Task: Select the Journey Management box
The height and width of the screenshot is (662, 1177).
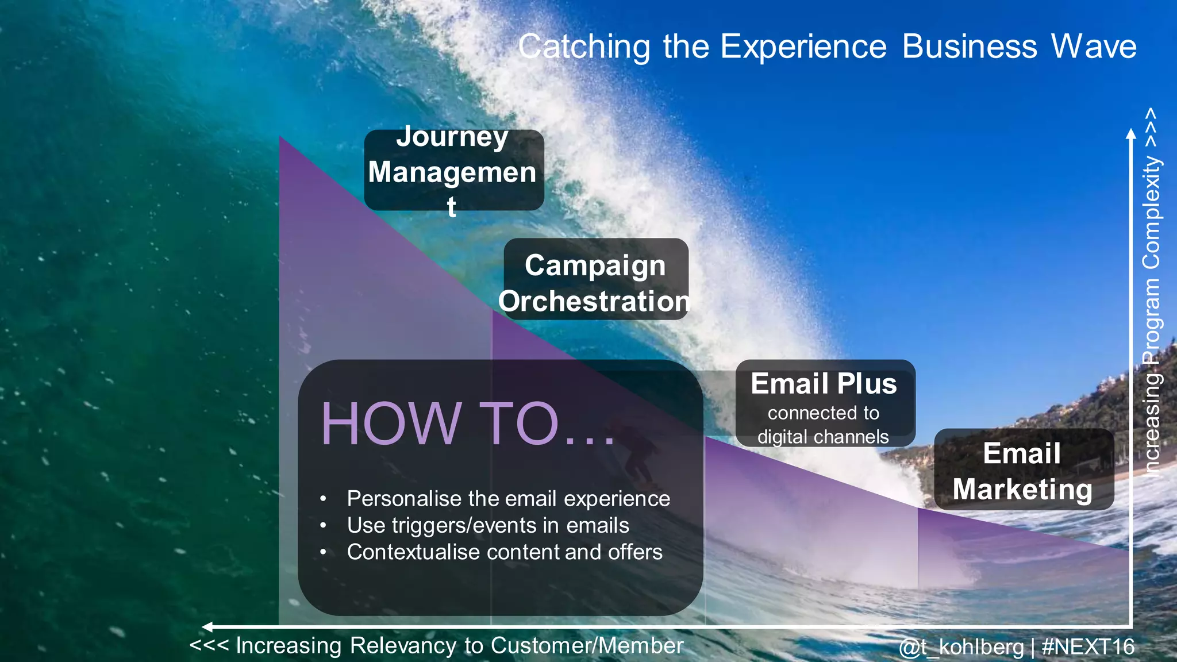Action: [x=453, y=171]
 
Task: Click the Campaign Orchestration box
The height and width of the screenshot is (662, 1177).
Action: [x=595, y=280]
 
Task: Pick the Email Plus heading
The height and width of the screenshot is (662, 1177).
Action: [x=824, y=383]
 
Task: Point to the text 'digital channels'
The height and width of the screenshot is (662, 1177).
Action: [x=823, y=437]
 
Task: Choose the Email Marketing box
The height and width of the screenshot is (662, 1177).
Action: [x=1023, y=470]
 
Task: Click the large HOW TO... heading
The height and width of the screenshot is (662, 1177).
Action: [x=467, y=424]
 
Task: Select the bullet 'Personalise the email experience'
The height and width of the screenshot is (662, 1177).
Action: [x=508, y=498]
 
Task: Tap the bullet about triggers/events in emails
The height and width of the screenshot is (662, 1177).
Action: [x=487, y=525]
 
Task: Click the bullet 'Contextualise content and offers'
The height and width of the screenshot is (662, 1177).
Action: [x=504, y=552]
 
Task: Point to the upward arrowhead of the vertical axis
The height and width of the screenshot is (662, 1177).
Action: [x=1131, y=134]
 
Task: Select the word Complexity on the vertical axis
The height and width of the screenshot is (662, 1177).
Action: [x=1152, y=213]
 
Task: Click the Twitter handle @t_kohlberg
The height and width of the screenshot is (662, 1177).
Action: [x=961, y=647]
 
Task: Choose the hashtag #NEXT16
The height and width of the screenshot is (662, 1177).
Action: [x=1088, y=647]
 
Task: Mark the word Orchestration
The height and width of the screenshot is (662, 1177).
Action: [x=594, y=301]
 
